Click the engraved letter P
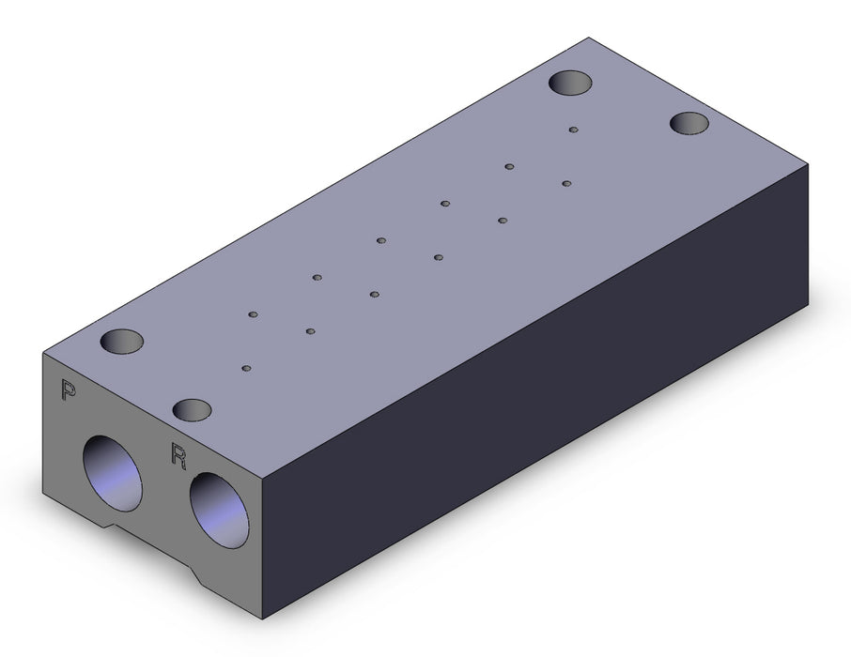point(68,390)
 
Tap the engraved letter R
point(178,455)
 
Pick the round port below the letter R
point(219,510)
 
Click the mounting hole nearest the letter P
point(121,341)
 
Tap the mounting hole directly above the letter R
point(192,409)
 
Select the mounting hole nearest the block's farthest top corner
point(570,83)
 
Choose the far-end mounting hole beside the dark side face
point(689,123)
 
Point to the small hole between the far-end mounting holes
point(573,130)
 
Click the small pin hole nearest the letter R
point(246,368)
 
